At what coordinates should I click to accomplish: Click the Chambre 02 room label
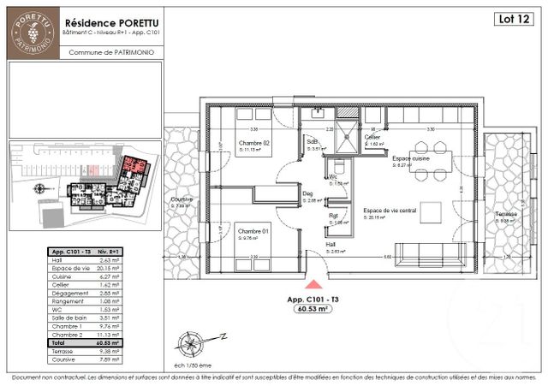pyautogui.click(x=254, y=143)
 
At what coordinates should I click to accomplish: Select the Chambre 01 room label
pyautogui.click(x=254, y=231)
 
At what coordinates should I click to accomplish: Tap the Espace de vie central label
pyautogui.click(x=389, y=210)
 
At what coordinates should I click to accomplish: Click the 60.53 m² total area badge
pyautogui.click(x=313, y=311)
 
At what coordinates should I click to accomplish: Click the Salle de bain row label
pyautogui.click(x=66, y=316)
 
